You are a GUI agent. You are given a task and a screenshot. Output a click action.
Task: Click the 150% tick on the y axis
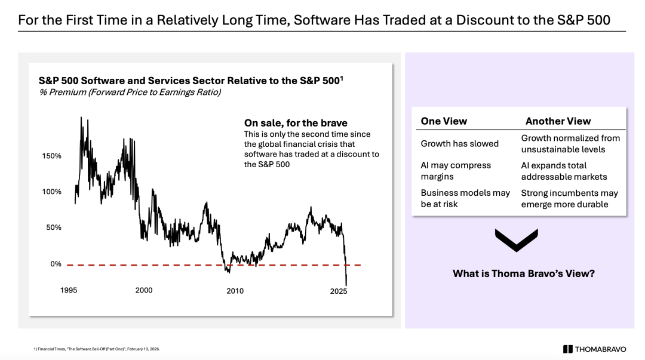(x=51, y=156)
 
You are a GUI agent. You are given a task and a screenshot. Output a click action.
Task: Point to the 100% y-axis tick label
(x=51, y=192)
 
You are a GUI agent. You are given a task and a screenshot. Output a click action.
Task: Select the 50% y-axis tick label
(x=53, y=227)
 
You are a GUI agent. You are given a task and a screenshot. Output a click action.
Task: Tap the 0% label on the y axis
(x=56, y=264)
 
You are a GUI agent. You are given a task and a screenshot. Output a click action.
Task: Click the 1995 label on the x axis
(x=69, y=290)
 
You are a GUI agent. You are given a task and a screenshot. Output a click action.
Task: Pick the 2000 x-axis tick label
(x=143, y=290)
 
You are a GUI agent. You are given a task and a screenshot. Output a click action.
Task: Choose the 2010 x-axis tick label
(x=235, y=291)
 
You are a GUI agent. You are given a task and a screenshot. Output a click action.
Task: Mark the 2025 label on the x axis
(x=339, y=291)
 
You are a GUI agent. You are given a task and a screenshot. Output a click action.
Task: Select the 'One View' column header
(x=444, y=121)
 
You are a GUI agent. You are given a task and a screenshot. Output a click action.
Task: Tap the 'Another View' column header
(x=558, y=121)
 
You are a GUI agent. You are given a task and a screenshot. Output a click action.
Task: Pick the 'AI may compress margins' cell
(x=456, y=171)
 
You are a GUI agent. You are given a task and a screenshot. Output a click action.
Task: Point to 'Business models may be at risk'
(x=465, y=198)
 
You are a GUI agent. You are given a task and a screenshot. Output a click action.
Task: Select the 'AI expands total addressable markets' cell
(x=564, y=171)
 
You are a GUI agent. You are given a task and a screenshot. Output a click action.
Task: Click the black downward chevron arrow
(x=517, y=239)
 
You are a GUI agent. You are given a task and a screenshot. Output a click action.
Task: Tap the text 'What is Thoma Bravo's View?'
(x=524, y=274)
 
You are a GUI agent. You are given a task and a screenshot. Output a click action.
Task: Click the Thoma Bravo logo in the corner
(x=598, y=349)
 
